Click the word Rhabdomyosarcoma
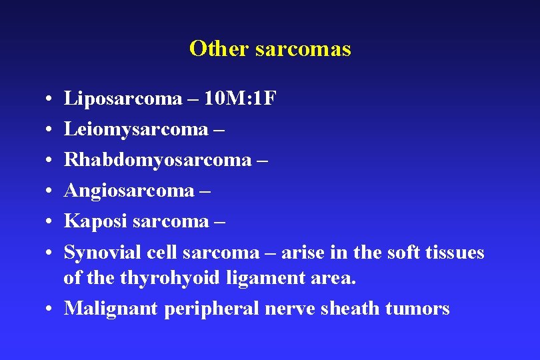[x=157, y=160]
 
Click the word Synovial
[x=103, y=253]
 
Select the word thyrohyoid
[x=170, y=278]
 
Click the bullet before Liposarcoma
[x=51, y=100]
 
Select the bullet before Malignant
[x=51, y=309]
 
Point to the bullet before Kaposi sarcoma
[x=51, y=222]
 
